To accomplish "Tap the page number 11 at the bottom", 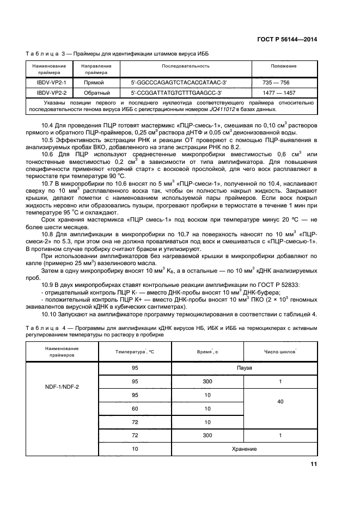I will pyautogui.click(x=313, y=464).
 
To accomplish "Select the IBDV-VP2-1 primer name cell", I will pyautogui.click(x=47, y=83).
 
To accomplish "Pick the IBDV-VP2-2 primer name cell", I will pyautogui.click(x=47, y=93).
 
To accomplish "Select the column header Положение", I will pyautogui.click(x=283, y=66).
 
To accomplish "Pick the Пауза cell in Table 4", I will pyautogui.click(x=245, y=369).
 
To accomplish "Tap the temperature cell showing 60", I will pyautogui.click(x=135, y=409).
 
